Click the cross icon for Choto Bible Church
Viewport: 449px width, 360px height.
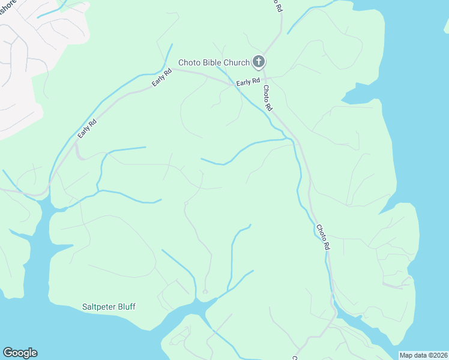click(259, 61)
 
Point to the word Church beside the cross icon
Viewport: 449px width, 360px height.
click(237, 62)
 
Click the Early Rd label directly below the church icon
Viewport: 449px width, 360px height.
click(248, 82)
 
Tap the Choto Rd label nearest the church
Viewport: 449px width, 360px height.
click(268, 97)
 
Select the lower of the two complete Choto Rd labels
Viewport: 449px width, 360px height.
click(323, 237)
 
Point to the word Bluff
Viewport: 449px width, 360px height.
click(127, 307)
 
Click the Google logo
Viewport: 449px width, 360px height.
click(20, 353)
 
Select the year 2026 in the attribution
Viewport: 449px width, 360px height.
click(439, 355)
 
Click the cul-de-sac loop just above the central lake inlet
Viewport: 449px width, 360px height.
click(205, 292)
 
